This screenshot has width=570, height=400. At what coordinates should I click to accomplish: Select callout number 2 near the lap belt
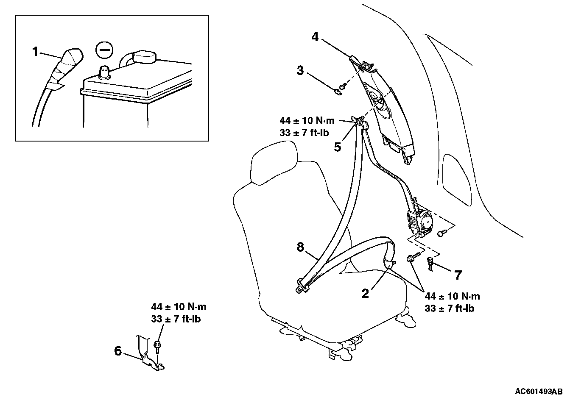pyautogui.click(x=365, y=293)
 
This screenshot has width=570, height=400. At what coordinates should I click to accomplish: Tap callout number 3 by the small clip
pyautogui.click(x=300, y=70)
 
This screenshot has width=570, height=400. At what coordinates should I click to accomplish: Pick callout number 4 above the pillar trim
pyautogui.click(x=315, y=37)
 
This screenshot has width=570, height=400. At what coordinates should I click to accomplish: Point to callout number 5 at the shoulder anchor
pyautogui.click(x=338, y=147)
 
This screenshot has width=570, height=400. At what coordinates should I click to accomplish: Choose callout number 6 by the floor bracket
pyautogui.click(x=118, y=351)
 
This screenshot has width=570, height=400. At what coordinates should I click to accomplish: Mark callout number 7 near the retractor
pyautogui.click(x=458, y=275)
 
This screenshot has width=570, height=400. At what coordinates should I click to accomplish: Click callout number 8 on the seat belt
pyautogui.click(x=300, y=247)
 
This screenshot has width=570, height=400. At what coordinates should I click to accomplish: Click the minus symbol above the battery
pyautogui.click(x=104, y=50)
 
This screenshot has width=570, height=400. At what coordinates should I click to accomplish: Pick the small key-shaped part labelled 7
pyautogui.click(x=430, y=263)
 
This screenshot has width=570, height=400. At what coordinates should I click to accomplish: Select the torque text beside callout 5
pyautogui.click(x=307, y=126)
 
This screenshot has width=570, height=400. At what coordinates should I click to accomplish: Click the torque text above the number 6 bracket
pyautogui.click(x=179, y=313)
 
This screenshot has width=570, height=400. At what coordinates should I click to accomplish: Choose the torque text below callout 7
pyautogui.click(x=452, y=303)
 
